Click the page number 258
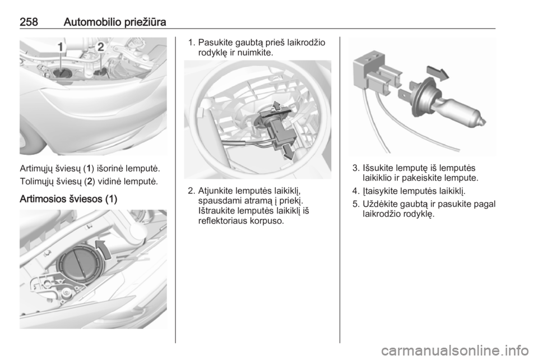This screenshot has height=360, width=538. [x=29, y=22]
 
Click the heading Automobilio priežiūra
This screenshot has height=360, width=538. [x=115, y=22]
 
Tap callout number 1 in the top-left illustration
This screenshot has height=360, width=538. [x=60, y=47]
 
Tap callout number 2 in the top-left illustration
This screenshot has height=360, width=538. [x=100, y=47]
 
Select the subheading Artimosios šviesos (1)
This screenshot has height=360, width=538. [x=68, y=199]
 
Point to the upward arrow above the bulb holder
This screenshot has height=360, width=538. [x=276, y=106]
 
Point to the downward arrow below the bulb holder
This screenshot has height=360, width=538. [x=288, y=152]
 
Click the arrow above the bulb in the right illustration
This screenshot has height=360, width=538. [x=438, y=73]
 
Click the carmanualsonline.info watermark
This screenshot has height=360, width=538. [x=455, y=350]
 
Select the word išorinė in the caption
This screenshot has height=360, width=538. [x=110, y=168]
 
